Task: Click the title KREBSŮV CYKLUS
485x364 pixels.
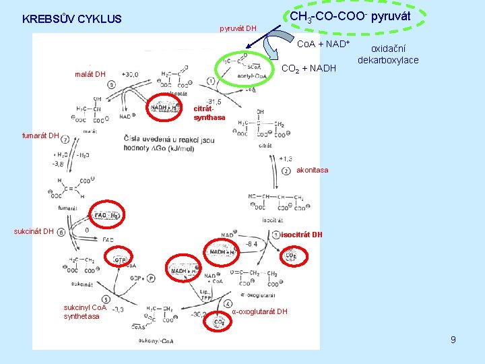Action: [72, 19]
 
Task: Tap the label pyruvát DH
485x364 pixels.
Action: [238, 28]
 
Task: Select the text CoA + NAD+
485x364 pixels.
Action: [323, 44]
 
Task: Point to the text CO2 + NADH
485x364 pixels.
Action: [309, 68]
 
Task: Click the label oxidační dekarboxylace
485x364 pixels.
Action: [388, 55]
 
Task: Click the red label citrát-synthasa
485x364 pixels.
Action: [209, 113]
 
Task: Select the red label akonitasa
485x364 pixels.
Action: [312, 170]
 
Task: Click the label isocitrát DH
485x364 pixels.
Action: [302, 235]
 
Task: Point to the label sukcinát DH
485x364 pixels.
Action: [34, 232]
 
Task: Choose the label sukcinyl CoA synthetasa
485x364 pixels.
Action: [85, 311]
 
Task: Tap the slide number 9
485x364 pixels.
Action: [453, 340]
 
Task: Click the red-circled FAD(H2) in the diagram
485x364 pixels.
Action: [108, 215]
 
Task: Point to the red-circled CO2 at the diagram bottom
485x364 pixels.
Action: [219, 322]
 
